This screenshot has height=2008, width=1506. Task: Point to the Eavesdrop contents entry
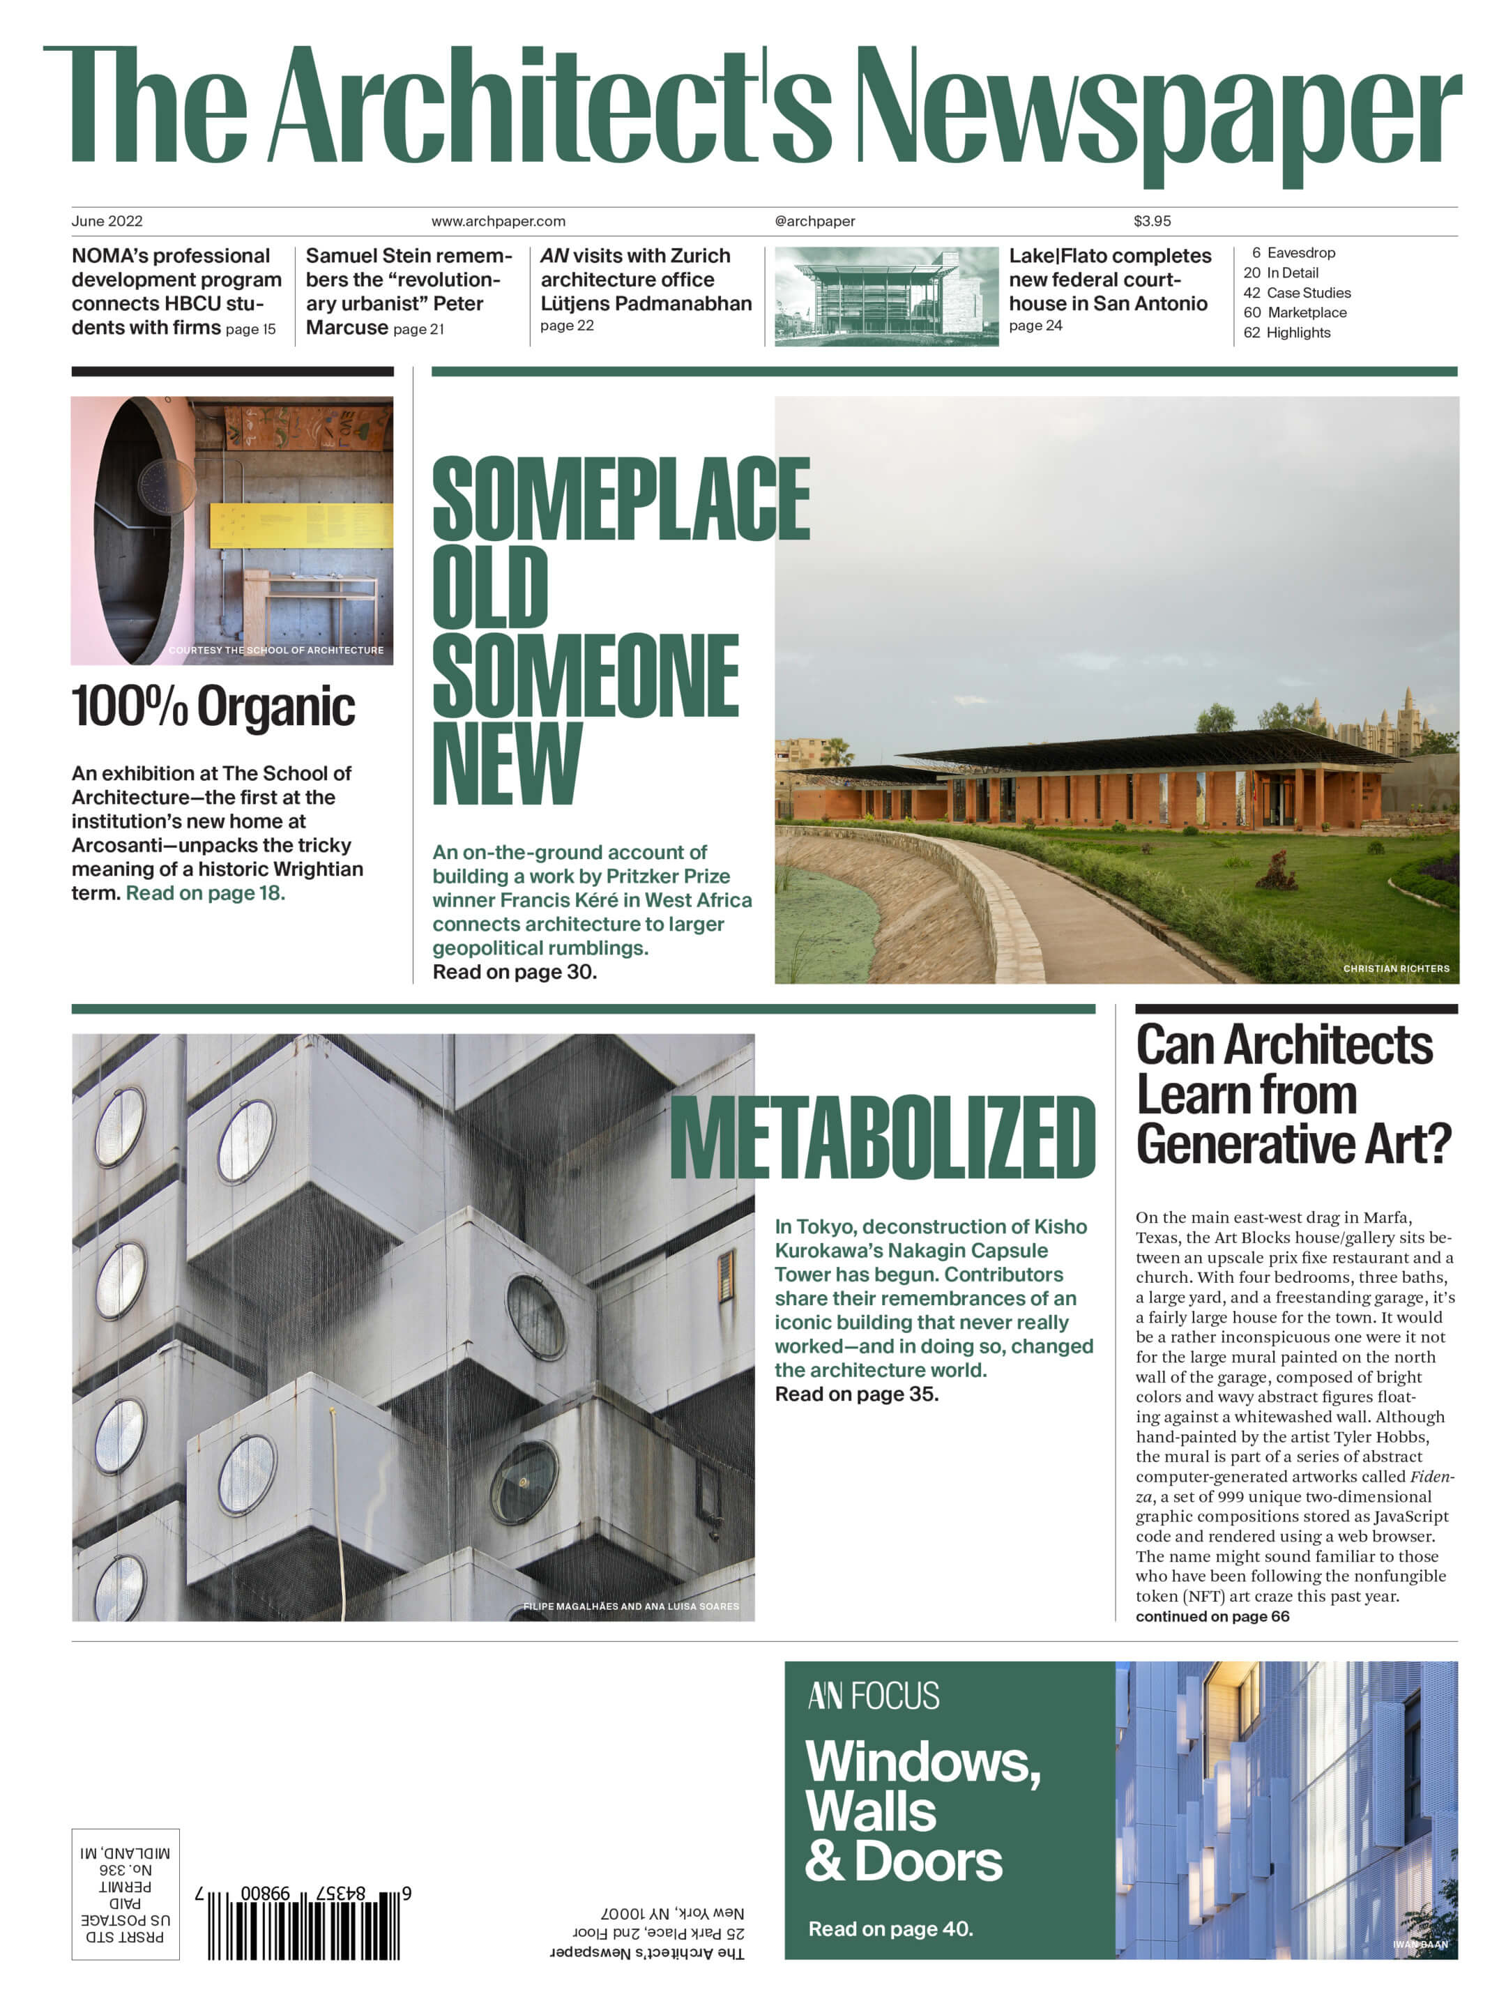(x=1300, y=253)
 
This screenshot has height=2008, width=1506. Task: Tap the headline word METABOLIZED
(x=881, y=1139)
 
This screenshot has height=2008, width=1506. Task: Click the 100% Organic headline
(x=213, y=707)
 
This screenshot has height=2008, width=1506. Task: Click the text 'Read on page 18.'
(x=205, y=893)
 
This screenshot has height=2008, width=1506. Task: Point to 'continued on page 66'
(x=1212, y=1617)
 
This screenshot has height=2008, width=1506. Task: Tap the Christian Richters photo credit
(x=1395, y=968)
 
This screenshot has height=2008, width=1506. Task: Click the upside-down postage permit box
(x=125, y=1894)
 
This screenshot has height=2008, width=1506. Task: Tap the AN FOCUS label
(x=874, y=1696)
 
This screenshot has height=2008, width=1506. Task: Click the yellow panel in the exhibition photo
(x=301, y=525)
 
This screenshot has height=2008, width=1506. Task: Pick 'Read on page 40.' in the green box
(x=890, y=1929)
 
